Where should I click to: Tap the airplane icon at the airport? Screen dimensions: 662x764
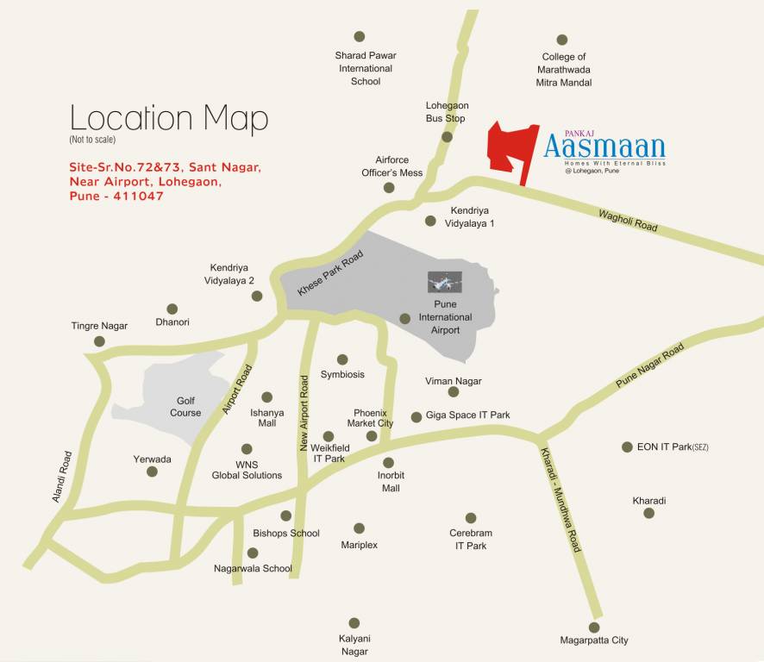pos(446,283)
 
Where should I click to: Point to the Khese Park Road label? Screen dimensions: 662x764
pos(330,273)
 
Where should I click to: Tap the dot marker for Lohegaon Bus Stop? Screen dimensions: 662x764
pos(447,137)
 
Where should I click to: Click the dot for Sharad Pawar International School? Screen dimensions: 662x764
pos(360,36)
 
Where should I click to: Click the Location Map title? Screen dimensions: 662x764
pos(169,118)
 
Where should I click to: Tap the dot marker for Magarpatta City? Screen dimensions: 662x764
pos(594,627)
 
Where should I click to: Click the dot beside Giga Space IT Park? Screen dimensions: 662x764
pos(416,415)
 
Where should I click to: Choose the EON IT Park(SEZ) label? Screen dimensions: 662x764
pos(673,447)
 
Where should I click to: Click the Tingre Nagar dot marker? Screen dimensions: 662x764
pos(99,341)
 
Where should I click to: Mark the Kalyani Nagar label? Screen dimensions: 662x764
pos(354,645)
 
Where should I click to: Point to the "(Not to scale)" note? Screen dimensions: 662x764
pos(92,140)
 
